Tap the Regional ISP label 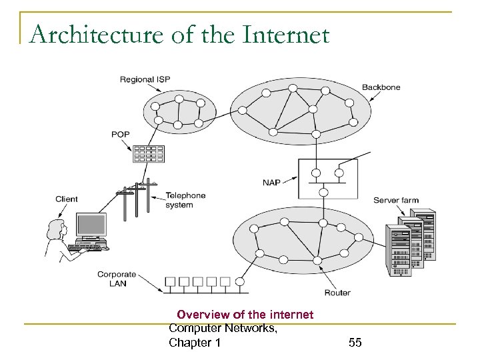[x=145, y=79]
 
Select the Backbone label [x=381, y=87]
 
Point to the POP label [x=121, y=135]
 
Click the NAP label [x=271, y=181]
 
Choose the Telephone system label [x=185, y=200]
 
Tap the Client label [x=67, y=199]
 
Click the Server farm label [x=395, y=199]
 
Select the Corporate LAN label [x=117, y=279]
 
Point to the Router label [x=337, y=293]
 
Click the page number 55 [x=355, y=343]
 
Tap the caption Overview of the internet [x=245, y=314]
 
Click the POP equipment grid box [x=148, y=154]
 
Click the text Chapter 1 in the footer [x=195, y=343]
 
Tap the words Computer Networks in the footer [x=223, y=328]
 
